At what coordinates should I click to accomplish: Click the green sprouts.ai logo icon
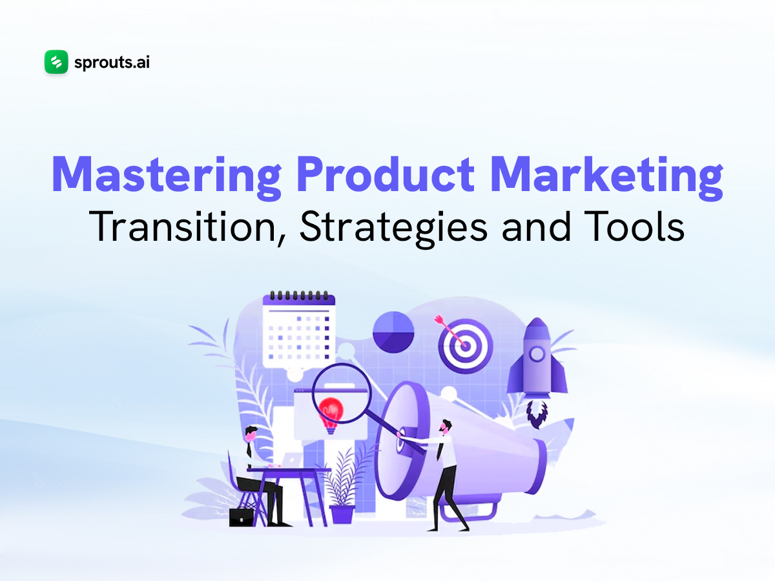[x=56, y=63]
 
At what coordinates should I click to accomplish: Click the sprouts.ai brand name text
[x=112, y=63]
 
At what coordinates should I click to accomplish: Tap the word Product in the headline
[x=361, y=174]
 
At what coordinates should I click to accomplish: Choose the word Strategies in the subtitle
[x=397, y=227]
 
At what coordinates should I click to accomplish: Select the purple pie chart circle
[x=394, y=332]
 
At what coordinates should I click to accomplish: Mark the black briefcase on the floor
[x=242, y=516]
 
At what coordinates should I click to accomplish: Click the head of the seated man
[x=251, y=433]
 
